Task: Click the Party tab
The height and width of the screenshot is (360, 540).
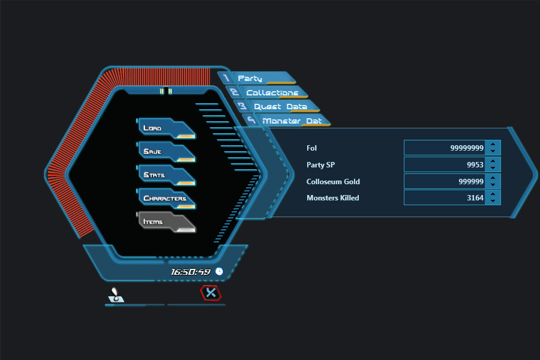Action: coord(258,79)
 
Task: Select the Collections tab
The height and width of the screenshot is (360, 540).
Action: coord(270,93)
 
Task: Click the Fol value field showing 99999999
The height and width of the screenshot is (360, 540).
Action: coord(444,148)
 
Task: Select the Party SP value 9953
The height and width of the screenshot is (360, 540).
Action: coord(444,164)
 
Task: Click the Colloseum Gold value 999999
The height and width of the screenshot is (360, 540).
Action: coord(444,181)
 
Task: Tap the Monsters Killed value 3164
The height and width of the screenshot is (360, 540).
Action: coord(444,197)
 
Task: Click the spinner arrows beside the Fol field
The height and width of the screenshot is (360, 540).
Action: coord(493,148)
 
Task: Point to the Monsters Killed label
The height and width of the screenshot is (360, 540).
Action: coord(332,198)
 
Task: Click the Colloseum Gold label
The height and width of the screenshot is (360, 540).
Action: coord(333,181)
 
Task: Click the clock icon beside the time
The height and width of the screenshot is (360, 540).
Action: coord(219,272)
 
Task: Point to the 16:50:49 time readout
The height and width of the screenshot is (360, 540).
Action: coord(190,272)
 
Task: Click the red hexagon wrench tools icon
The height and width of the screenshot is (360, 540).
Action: coord(211,293)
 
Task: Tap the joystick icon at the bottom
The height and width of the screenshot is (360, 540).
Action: coord(116,295)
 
